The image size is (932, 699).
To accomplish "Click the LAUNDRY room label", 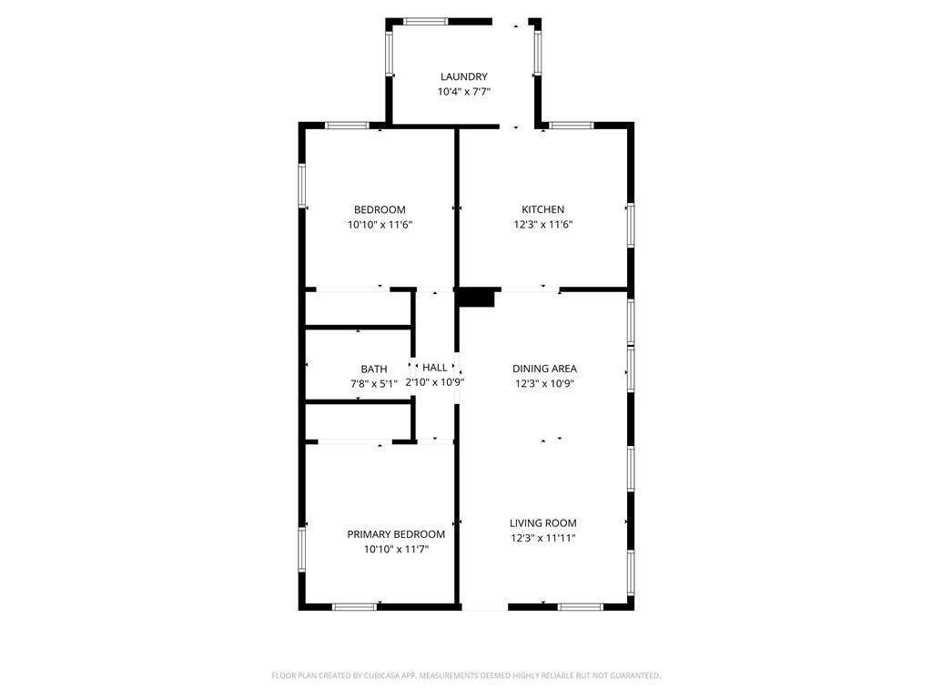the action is pos(463,76).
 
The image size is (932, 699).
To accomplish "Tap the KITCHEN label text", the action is pos(542,209).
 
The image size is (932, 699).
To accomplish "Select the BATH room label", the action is pos(374,370).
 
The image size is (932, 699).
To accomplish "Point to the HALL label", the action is pos(434,368).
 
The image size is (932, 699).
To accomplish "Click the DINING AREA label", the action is pos(544,369).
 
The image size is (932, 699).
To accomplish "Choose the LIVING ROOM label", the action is pos(542,523).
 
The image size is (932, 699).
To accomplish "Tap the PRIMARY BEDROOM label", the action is pos(396,534).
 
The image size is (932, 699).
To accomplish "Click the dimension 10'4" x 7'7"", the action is pos(463,92).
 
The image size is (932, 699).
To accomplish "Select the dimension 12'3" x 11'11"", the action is pos(542,539).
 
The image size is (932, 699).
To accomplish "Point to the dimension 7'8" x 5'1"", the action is pos(374,384).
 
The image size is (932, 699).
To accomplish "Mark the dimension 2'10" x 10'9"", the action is pos(434,382).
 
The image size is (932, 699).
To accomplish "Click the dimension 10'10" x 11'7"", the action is pos(396,549).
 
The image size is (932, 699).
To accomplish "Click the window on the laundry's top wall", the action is pos(426,22).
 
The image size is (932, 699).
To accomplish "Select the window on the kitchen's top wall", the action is pos(572,126).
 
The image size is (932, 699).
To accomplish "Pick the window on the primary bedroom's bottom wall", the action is pos(354,607).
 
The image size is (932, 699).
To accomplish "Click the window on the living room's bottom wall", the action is pos(581,607).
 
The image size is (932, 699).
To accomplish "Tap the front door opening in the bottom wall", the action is pos(485,607).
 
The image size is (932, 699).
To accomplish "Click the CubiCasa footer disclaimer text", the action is pos(466,675).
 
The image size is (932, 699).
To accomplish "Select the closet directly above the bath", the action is pos(358,309).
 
